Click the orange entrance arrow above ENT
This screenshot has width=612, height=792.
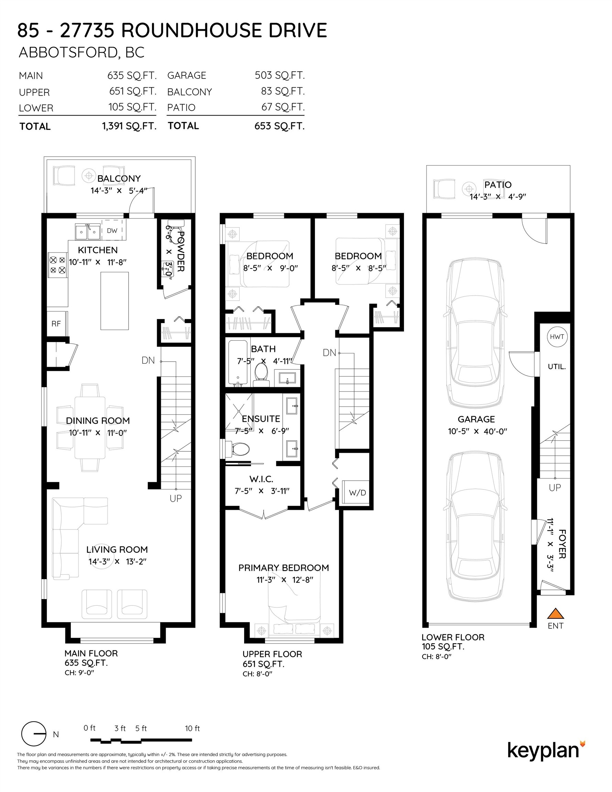click(x=555, y=613)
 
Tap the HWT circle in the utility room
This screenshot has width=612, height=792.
click(x=557, y=337)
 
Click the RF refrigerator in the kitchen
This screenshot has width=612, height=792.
click(x=57, y=323)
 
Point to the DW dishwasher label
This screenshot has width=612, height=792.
click(x=112, y=231)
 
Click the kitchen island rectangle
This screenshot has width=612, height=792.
click(x=114, y=301)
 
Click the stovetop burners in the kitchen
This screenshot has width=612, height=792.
click(x=57, y=265)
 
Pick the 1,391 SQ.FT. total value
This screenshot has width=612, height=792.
click(x=129, y=126)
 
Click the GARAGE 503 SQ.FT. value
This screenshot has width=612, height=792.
click(x=280, y=75)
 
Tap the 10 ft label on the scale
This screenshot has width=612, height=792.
click(x=192, y=728)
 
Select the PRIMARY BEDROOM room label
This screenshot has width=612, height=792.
click(x=284, y=568)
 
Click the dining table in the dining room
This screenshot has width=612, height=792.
click(x=90, y=428)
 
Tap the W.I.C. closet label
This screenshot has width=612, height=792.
click(x=261, y=479)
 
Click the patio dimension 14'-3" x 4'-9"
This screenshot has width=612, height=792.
click(x=498, y=197)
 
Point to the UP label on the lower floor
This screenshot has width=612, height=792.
click(x=555, y=488)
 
